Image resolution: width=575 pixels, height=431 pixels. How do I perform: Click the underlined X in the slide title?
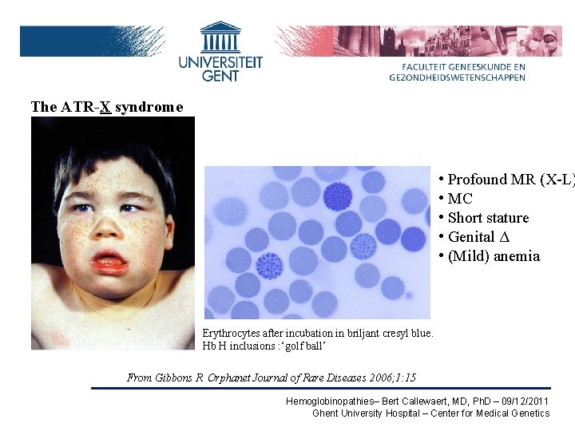pos(105,107)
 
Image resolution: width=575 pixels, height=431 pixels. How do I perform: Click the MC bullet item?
pos(460,199)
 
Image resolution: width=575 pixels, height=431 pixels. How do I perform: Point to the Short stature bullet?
pos(488,218)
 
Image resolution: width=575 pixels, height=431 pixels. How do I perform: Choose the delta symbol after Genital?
pos(503,237)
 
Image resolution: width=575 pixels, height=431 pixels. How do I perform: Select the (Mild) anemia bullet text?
pos(494,256)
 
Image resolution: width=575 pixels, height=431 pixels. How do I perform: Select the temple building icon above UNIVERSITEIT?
pos(220,37)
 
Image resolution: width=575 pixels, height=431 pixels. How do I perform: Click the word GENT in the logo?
pos(220,76)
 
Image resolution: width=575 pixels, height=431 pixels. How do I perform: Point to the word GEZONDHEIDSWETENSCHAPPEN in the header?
pos(457,77)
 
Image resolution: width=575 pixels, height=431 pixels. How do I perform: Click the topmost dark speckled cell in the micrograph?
pos(337,195)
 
